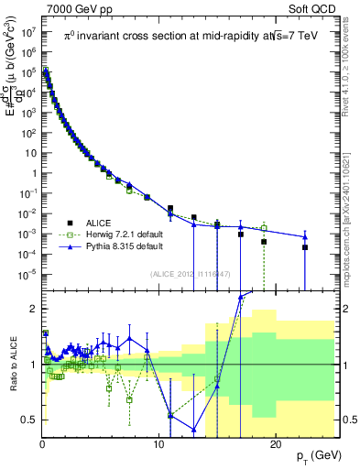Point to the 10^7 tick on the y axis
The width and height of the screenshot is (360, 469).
tap(27, 32)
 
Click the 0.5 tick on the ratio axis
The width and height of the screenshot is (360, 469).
tap(30, 420)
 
